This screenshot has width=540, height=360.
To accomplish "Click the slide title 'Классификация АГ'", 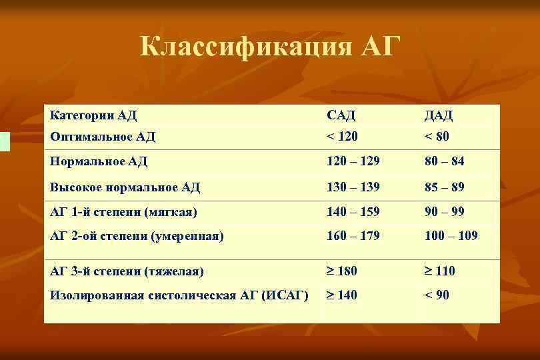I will [270, 47].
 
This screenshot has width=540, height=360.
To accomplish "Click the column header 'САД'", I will [341, 116].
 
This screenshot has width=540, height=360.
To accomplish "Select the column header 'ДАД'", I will [439, 116].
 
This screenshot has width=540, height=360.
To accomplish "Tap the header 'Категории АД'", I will [93, 115].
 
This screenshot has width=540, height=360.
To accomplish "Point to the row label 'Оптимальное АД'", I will [103, 137].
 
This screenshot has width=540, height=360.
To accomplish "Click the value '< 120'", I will [342, 137].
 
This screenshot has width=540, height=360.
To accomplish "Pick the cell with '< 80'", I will [437, 137].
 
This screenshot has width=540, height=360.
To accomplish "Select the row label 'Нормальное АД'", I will [99, 161].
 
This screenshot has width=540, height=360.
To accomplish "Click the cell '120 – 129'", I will [353, 161].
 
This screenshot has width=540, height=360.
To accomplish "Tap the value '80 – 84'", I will [445, 161].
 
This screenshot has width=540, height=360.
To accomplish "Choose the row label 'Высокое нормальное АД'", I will [125, 187].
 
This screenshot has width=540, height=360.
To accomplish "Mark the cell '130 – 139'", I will [353, 187].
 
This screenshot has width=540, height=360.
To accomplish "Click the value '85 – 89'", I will [445, 187].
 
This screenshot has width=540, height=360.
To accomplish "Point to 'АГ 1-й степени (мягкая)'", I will [123, 212].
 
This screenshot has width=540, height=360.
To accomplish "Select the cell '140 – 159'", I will [353, 212].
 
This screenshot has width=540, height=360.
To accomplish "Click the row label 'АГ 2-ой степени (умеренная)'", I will [137, 235].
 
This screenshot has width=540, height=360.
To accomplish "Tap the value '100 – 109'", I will [451, 235].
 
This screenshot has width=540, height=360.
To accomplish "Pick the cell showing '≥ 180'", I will [342, 271].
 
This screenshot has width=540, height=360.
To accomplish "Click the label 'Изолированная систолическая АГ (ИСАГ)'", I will [179, 295].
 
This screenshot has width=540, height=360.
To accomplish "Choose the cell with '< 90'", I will [437, 295].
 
